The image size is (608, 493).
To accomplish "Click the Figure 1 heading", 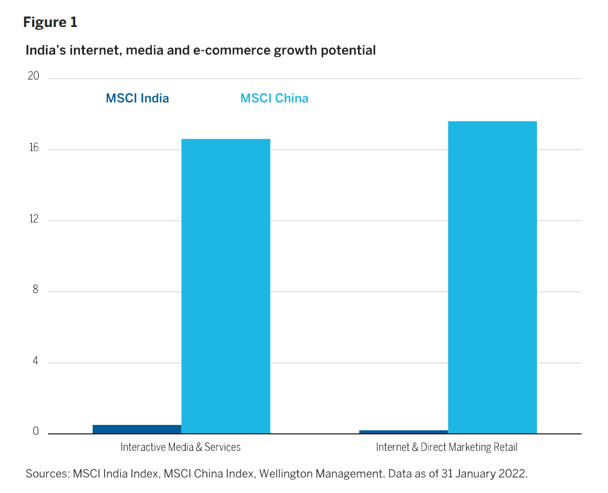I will click(x=50, y=22).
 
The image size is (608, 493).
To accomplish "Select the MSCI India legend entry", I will click(x=137, y=98).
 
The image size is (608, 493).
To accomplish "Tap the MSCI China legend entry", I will click(x=274, y=98).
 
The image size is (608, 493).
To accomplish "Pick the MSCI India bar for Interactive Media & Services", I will click(x=137, y=429).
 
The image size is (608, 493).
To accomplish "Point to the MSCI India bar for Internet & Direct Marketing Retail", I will click(x=403, y=431).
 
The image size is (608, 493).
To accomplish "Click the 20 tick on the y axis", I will click(x=33, y=77).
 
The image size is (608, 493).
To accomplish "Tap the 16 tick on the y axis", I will click(x=33, y=148).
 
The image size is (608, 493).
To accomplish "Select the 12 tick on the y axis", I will click(x=33, y=220).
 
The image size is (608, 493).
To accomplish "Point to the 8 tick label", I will click(x=35, y=291).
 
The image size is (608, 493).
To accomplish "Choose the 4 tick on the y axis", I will click(x=35, y=362).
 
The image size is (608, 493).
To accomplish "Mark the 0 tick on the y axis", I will click(x=35, y=432).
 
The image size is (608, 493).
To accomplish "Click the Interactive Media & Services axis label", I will click(x=181, y=447).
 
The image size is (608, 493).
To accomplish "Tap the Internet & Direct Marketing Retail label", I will click(x=447, y=447).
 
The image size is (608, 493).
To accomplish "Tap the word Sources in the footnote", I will click(x=46, y=474).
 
